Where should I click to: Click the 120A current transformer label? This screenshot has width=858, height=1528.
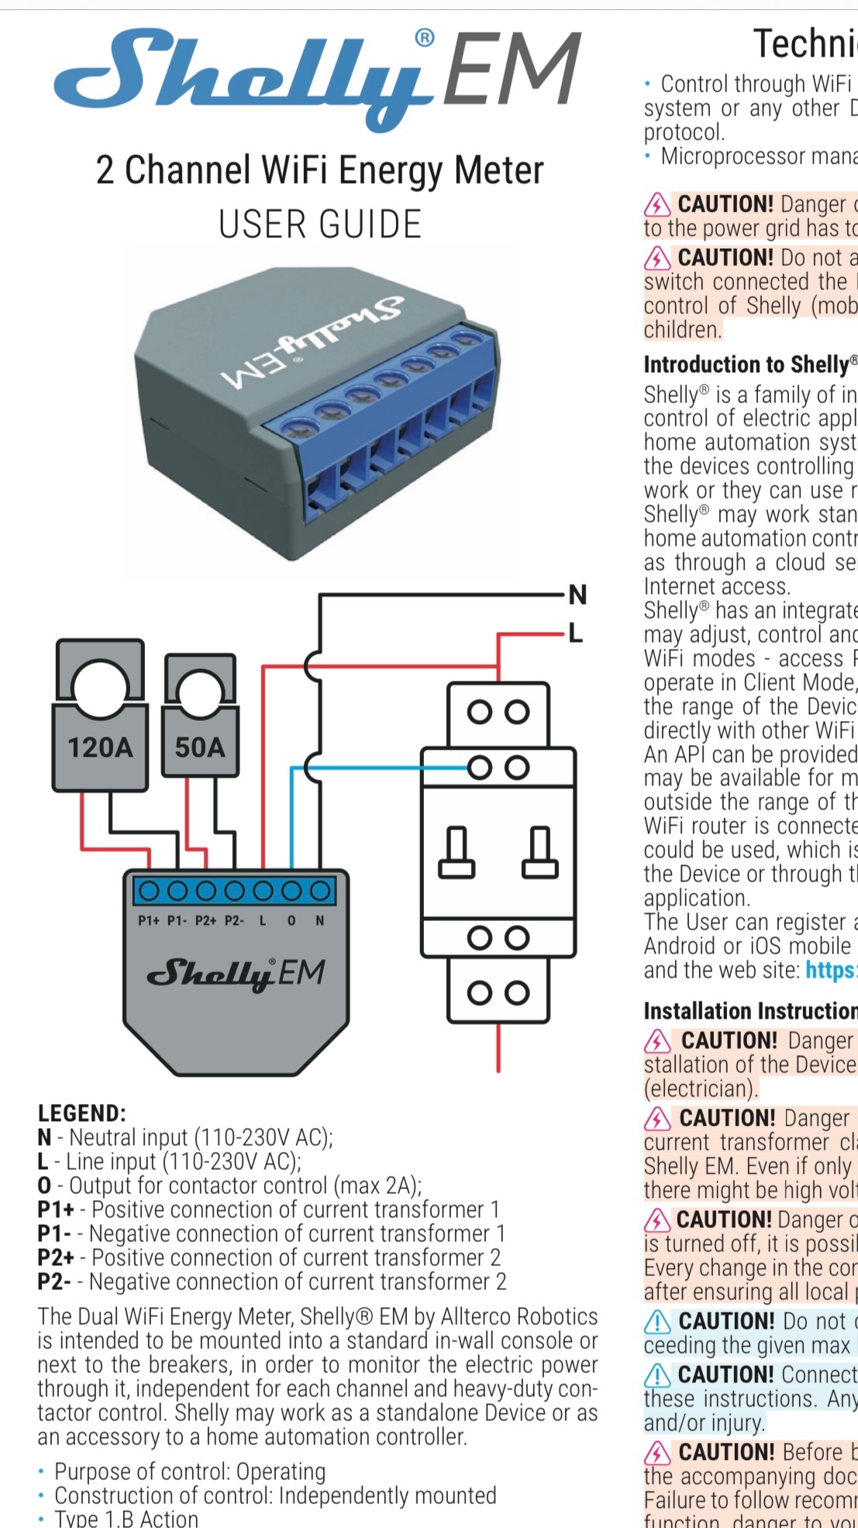pyautogui.click(x=100, y=747)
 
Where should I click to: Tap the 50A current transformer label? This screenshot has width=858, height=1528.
pyautogui.click(x=199, y=747)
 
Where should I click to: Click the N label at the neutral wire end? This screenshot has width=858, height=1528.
pyautogui.click(x=577, y=595)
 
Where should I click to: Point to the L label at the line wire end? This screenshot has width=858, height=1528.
pyautogui.click(x=575, y=634)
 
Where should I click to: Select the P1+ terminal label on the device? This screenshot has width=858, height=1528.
pyautogui.click(x=149, y=921)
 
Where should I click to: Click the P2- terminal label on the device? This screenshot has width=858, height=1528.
pyautogui.click(x=234, y=921)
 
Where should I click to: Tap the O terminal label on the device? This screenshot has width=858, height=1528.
pyautogui.click(x=291, y=921)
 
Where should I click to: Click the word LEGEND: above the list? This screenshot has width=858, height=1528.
pyautogui.click(x=81, y=1113)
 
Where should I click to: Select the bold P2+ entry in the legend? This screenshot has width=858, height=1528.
pyautogui.click(x=55, y=1257)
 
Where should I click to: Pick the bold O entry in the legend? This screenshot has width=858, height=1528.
pyautogui.click(x=44, y=1185)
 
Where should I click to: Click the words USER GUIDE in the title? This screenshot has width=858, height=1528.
pyautogui.click(x=319, y=225)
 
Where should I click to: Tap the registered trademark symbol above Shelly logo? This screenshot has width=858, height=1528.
pyautogui.click(x=425, y=37)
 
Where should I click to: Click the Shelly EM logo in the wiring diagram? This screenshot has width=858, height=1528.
pyautogui.click(x=236, y=974)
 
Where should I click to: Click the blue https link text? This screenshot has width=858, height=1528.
pyautogui.click(x=831, y=970)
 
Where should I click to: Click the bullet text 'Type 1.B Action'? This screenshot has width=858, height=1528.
pyautogui.click(x=126, y=1518)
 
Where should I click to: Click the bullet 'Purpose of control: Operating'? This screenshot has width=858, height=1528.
pyautogui.click(x=190, y=1471)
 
